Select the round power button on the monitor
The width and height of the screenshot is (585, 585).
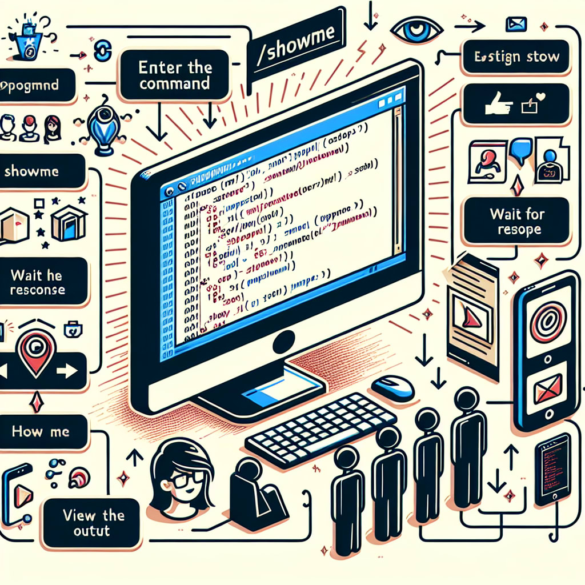coord(283,342)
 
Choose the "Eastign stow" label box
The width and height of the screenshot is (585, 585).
coord(517,58)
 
